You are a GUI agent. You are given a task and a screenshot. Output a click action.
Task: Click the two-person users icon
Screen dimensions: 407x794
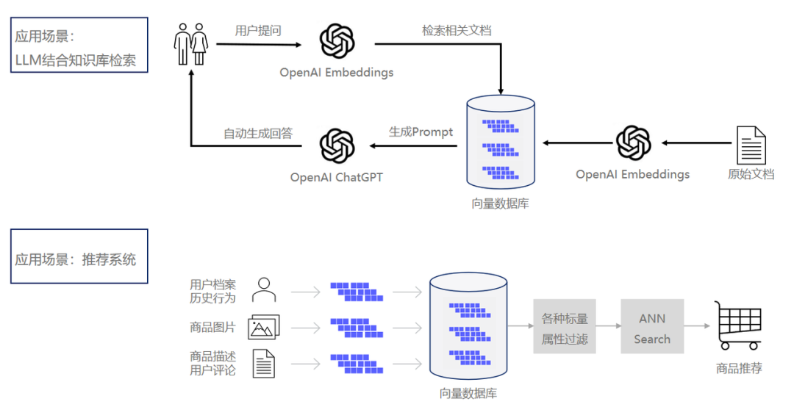190,44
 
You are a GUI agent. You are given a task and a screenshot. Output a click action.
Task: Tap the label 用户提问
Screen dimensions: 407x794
257,31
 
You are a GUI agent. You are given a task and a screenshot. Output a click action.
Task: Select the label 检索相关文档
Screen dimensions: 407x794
456,31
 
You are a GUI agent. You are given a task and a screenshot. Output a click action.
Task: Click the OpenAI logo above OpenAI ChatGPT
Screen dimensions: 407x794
337,145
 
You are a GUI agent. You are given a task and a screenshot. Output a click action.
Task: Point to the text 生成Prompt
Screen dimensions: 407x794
421,132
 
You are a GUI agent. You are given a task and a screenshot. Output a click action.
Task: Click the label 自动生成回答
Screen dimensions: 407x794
258,133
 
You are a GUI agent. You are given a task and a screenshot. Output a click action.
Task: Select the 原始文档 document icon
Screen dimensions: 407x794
751,145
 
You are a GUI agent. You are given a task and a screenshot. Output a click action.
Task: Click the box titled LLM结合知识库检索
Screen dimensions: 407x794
79,45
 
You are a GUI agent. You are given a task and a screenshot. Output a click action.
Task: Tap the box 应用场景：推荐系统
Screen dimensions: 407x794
79,256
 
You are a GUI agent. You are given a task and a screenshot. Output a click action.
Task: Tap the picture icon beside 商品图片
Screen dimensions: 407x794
263,327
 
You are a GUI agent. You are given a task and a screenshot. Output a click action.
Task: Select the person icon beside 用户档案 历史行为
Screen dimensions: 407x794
263,290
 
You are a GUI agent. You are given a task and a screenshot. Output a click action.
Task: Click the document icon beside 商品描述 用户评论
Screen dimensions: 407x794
263,364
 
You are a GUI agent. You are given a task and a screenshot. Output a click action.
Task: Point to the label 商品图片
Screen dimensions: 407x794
212,327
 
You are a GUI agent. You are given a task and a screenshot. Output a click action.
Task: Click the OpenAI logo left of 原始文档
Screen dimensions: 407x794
633,143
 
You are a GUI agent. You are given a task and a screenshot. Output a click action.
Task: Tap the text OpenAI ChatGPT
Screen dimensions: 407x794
336,177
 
